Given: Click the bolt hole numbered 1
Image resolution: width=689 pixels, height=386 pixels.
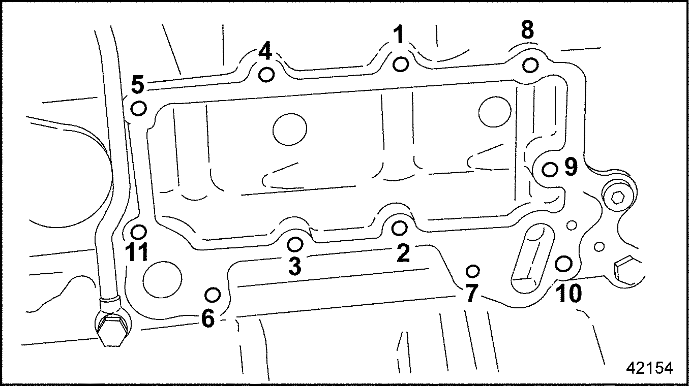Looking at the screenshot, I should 401,65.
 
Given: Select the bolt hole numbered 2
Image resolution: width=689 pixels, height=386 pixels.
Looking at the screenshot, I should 400,229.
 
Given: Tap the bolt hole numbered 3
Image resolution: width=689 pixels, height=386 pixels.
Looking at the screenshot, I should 295,244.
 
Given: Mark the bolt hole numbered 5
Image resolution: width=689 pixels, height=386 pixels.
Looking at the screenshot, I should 139,108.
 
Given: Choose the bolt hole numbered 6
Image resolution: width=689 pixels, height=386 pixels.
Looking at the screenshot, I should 213,294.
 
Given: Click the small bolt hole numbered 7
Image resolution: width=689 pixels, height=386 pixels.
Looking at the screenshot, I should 473,269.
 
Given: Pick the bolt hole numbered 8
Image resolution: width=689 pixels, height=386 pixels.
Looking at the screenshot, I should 530,66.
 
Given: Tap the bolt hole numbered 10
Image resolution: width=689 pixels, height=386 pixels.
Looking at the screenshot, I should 563,264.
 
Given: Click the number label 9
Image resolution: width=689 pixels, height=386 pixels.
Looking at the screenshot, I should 571,167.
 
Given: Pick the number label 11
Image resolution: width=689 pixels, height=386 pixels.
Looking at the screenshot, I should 136,252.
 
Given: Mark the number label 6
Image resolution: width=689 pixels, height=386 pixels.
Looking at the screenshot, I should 208,319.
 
